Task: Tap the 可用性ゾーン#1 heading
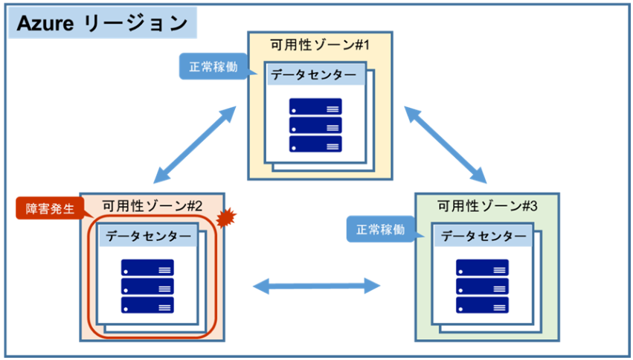pyautogui.click(x=321, y=45)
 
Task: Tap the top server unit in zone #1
pyautogui.click(x=315, y=106)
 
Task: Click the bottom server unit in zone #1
pyautogui.click(x=315, y=144)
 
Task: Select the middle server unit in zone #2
pyautogui.click(x=147, y=286)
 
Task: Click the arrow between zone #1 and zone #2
pyautogui.click(x=196, y=144)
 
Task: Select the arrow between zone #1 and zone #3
pyautogui.click(x=445, y=144)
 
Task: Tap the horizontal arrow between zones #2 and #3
pyautogui.click(x=316, y=285)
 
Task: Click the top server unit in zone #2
pyautogui.click(x=147, y=268)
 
